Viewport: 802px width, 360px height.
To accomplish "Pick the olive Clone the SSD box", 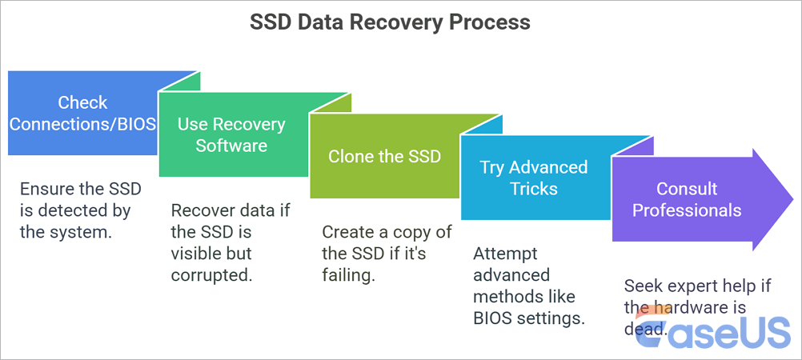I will click(x=384, y=156).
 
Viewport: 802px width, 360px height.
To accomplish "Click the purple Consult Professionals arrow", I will click(x=688, y=199).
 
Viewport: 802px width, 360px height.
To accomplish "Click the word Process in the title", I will click(x=495, y=22).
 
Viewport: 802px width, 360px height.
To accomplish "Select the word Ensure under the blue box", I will click(x=48, y=190).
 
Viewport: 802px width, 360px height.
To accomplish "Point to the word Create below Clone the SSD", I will click(x=348, y=232).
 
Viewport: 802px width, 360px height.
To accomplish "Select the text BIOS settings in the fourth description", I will click(x=529, y=318).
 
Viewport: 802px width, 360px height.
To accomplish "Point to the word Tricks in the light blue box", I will click(x=533, y=189).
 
